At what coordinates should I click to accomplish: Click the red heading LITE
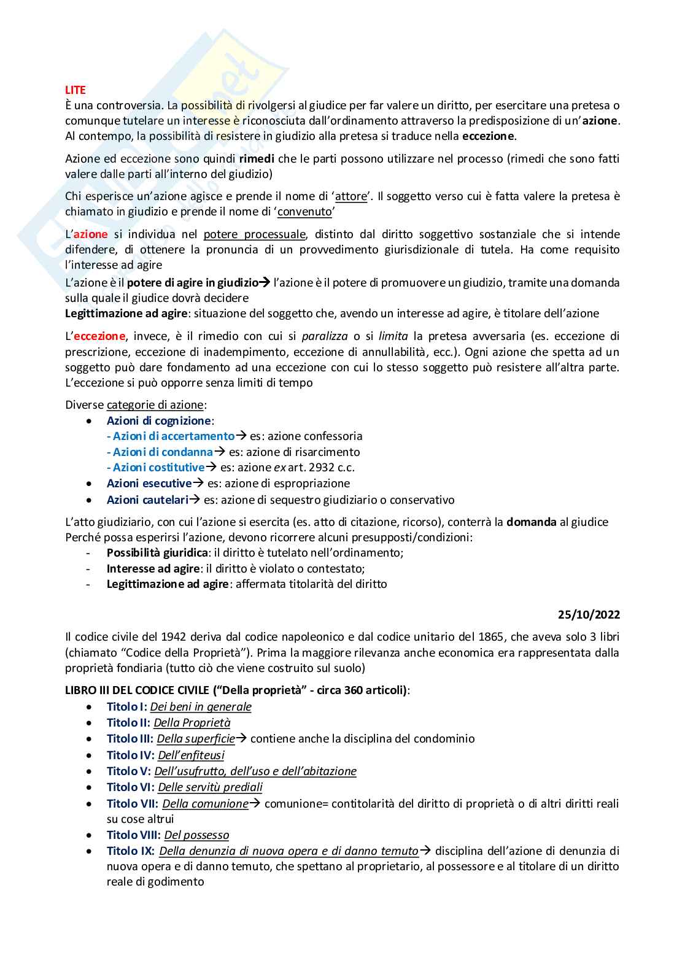coord(75,90)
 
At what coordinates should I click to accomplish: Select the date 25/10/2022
coord(589,614)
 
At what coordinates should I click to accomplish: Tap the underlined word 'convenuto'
coord(304,212)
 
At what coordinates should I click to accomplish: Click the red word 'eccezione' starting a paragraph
coord(99,336)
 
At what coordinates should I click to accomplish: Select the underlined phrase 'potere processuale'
coord(254,234)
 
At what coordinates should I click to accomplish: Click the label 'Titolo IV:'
coord(130,755)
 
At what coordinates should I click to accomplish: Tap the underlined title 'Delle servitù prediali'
coord(210,787)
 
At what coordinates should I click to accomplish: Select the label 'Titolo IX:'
coord(130,851)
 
